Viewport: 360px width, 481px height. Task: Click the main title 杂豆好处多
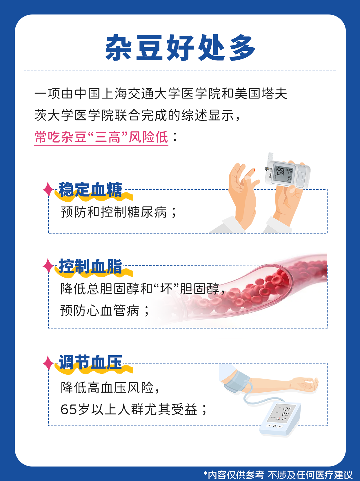coord(180,48)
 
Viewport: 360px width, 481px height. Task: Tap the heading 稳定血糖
coord(90,190)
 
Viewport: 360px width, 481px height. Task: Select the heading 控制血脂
coord(90,266)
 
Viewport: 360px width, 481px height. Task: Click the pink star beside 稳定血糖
coord(48,189)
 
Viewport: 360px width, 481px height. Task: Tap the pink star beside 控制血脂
coord(48,266)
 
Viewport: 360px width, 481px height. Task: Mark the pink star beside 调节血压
coord(48,363)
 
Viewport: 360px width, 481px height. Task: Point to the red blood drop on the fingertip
coord(254,170)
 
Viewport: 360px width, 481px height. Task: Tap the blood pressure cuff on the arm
coord(238,382)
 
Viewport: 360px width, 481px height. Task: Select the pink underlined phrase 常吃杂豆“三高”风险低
coord(101,137)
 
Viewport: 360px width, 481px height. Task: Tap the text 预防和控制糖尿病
coord(114,212)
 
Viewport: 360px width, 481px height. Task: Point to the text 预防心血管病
coord(100,311)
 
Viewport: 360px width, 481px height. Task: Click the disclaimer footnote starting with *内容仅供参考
coord(278,474)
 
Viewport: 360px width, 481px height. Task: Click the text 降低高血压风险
coord(107,387)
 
